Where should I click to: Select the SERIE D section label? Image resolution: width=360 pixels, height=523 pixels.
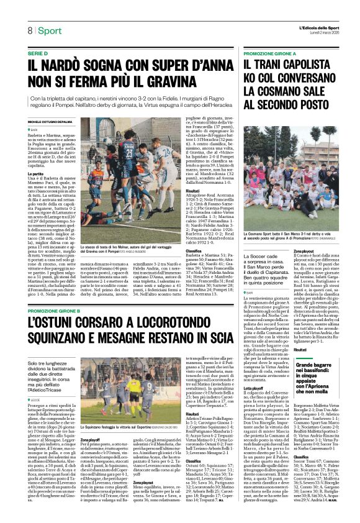pos(38,55)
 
